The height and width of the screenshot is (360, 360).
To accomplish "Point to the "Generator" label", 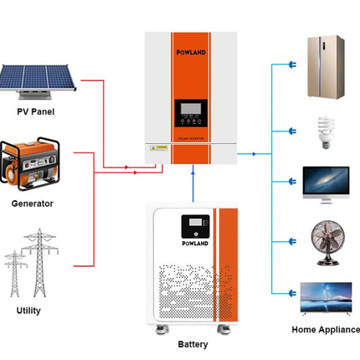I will (x=33, y=203).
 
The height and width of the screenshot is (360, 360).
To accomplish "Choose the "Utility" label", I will (x=28, y=310).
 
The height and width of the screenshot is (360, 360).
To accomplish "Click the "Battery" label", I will (x=193, y=344).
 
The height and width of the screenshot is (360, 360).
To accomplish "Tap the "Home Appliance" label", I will (x=325, y=330).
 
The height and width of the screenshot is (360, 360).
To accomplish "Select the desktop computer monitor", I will (x=325, y=183).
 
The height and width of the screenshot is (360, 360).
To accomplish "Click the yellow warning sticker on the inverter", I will (x=157, y=147).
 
